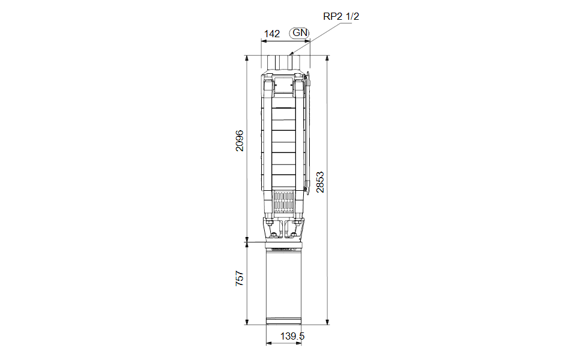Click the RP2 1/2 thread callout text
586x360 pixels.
tap(341, 16)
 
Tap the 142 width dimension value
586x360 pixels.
tap(272, 34)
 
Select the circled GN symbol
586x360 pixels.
tap(300, 33)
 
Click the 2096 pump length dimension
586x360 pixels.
tap(240, 140)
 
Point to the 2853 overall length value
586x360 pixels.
tap(320, 182)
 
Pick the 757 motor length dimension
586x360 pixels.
tap(240, 278)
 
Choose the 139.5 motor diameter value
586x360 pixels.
tap(292, 336)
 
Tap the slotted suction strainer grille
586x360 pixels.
tap(283, 202)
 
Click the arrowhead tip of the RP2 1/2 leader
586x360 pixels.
tap(291, 55)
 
